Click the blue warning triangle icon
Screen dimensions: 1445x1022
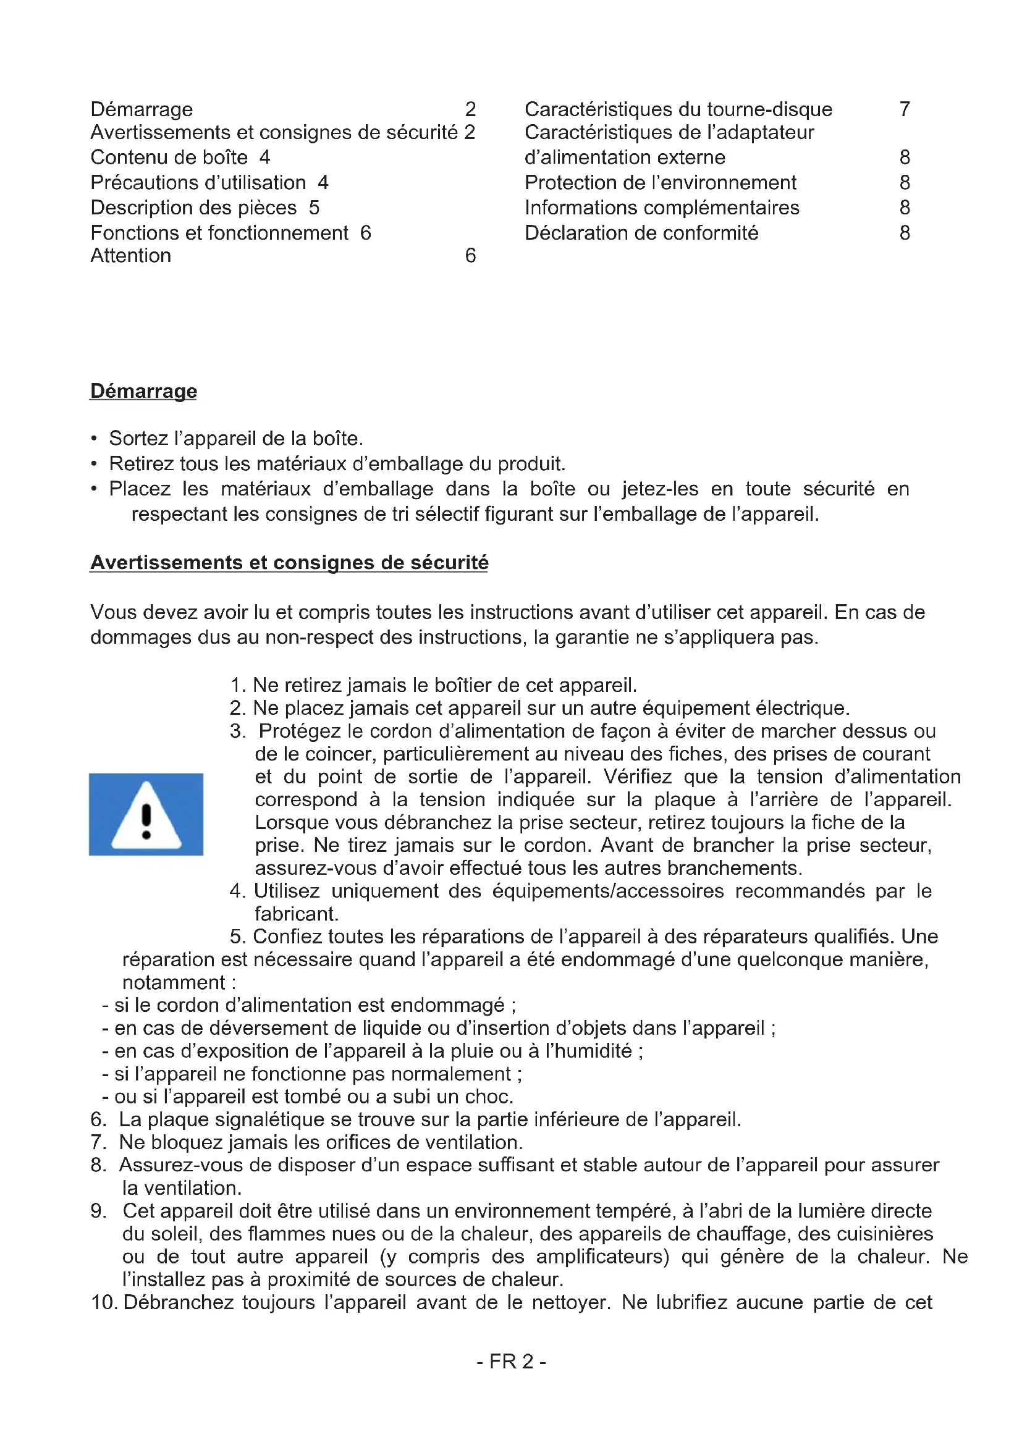[x=146, y=814]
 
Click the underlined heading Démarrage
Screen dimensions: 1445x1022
[x=143, y=391]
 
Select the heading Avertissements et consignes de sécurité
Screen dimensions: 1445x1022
[x=289, y=562]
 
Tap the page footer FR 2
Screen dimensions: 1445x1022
[x=511, y=1362]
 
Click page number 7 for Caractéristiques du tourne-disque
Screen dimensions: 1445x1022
[x=905, y=109]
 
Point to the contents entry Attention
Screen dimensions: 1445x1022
[x=131, y=256]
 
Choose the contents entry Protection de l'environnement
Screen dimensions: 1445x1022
[x=660, y=182]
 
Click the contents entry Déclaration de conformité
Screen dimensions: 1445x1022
[x=641, y=233]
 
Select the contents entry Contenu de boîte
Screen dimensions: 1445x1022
[x=169, y=158]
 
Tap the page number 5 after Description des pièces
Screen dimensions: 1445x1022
[x=314, y=208]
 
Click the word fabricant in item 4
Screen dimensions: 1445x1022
[x=296, y=914]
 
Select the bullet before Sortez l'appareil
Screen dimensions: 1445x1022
[x=94, y=439]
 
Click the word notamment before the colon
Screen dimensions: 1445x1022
[x=173, y=982]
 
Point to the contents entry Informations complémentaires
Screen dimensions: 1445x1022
[x=661, y=208]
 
